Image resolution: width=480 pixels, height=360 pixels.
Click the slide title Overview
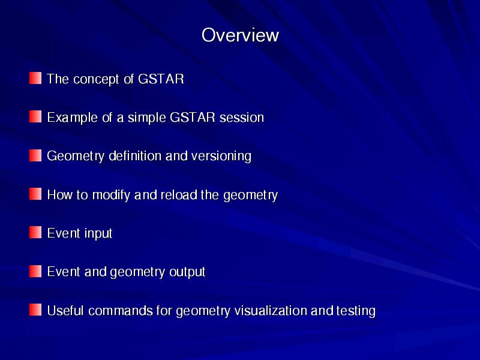(240, 35)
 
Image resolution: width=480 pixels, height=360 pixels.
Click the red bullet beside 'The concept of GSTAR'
(35, 78)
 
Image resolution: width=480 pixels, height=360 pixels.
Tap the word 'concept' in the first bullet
(97, 80)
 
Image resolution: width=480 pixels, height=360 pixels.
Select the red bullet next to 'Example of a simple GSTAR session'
(35, 116)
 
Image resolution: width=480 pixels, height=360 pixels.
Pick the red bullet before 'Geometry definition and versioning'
(35, 155)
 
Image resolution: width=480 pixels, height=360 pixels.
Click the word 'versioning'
(221, 157)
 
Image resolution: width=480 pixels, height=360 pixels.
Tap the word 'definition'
(136, 156)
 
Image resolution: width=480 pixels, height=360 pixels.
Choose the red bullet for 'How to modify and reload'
(35, 194)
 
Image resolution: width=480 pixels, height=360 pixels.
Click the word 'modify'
(111, 196)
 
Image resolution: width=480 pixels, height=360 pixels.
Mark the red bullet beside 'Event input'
(35, 232)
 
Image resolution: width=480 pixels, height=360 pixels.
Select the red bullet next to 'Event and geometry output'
(35, 271)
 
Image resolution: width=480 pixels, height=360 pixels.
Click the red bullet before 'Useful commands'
(35, 310)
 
